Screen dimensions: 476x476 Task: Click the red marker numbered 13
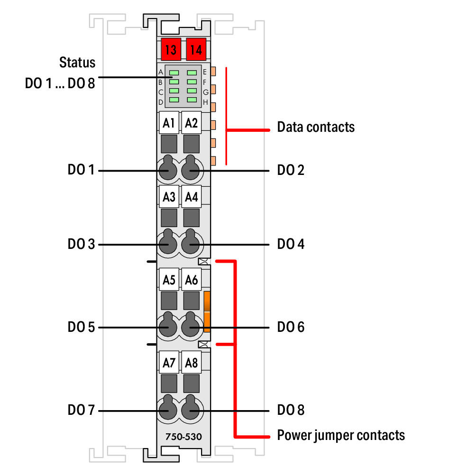click(171, 49)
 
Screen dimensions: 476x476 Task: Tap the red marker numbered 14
click(196, 49)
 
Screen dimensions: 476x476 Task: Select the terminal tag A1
click(169, 123)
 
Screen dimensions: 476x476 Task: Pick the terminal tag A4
click(192, 197)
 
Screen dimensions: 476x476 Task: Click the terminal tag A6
click(192, 280)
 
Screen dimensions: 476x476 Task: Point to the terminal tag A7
click(169, 363)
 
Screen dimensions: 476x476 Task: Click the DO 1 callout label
click(81, 170)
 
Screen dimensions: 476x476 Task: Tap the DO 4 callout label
click(291, 244)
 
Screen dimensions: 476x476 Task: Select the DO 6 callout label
click(291, 327)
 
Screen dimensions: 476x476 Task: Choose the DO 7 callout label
click(81, 410)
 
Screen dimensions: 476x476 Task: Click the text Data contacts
click(316, 127)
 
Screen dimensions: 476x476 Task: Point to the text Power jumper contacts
click(341, 435)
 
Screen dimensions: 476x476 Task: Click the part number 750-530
click(183, 437)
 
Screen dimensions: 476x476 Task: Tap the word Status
click(77, 62)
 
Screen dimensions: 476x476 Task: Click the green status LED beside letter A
click(174, 73)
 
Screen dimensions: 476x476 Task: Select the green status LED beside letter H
click(192, 100)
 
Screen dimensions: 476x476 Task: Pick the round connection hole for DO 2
click(190, 168)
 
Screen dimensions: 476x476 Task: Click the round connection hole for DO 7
click(168, 408)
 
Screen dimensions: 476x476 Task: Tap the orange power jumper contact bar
click(207, 311)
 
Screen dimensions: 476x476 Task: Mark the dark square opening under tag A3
click(169, 218)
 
